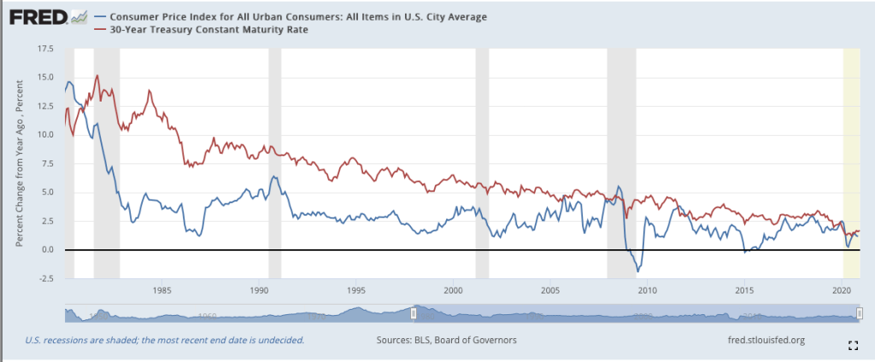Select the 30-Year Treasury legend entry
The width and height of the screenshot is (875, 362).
point(205,30)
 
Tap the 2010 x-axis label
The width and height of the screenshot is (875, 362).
point(647,290)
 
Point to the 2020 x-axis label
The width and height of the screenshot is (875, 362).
point(842,290)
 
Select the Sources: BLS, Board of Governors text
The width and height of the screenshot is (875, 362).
point(446,340)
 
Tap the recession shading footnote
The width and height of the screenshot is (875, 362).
point(164,340)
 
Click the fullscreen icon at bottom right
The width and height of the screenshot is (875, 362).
point(852,345)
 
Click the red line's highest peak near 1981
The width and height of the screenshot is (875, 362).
point(97,75)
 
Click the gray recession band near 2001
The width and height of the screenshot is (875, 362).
point(482,162)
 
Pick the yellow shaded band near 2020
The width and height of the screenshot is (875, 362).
point(852,162)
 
